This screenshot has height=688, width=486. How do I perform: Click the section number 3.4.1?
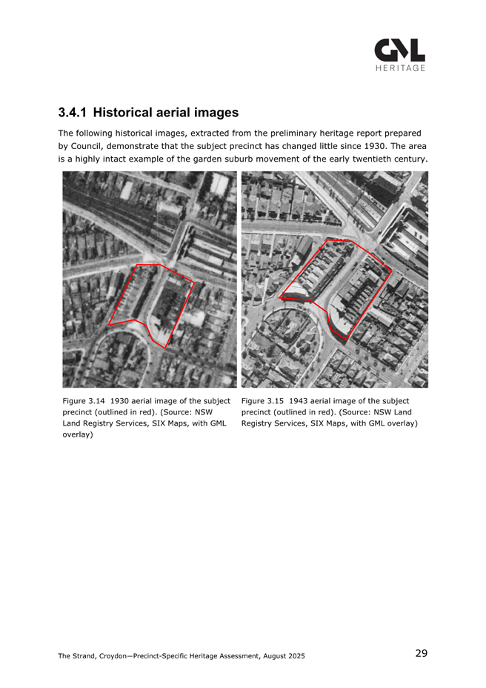click(x=73, y=113)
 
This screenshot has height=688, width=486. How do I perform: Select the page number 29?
click(x=421, y=653)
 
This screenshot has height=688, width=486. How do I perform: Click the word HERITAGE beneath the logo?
click(x=399, y=68)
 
